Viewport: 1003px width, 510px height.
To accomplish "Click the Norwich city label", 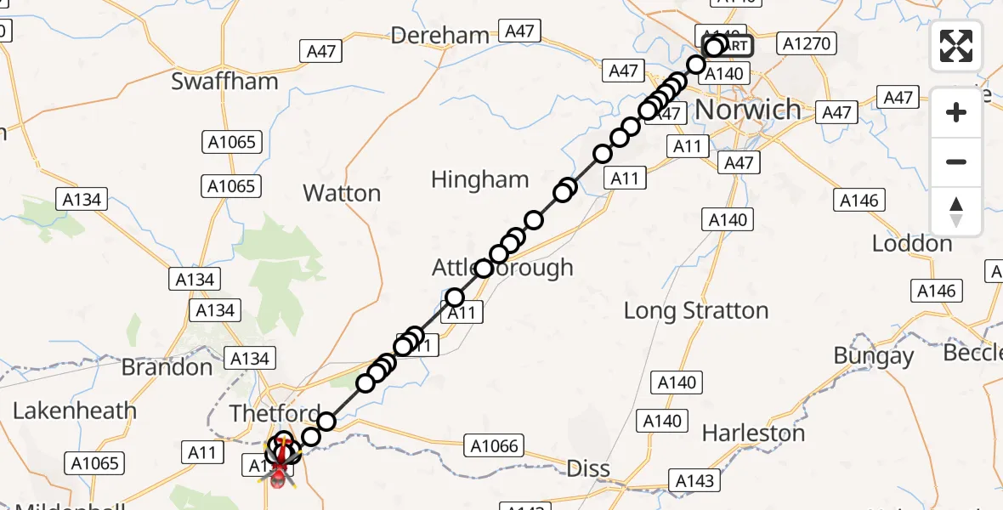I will (748, 109).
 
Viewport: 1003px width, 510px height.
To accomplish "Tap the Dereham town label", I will (440, 36).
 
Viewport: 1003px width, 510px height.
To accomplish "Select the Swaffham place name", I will (224, 82).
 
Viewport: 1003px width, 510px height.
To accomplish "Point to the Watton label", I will (342, 193).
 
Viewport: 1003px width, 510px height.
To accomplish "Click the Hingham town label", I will (479, 179).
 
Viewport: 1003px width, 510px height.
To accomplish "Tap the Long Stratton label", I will (696, 311).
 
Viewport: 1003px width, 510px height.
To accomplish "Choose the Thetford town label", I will (276, 413).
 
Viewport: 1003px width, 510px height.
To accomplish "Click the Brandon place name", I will (167, 367).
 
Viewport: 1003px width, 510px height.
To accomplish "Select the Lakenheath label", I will (74, 411).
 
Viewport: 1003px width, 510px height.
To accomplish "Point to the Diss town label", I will (588, 468).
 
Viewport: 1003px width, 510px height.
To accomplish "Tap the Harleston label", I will (754, 433).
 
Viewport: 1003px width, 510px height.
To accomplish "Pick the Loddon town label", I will (912, 244).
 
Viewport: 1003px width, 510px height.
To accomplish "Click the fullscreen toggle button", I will (956, 46).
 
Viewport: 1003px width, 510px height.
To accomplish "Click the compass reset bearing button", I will (956, 212).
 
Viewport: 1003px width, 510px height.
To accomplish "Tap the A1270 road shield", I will (809, 43).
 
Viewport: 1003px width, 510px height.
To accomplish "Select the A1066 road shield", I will (494, 445).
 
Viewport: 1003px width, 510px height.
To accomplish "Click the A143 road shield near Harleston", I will (694, 480).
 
